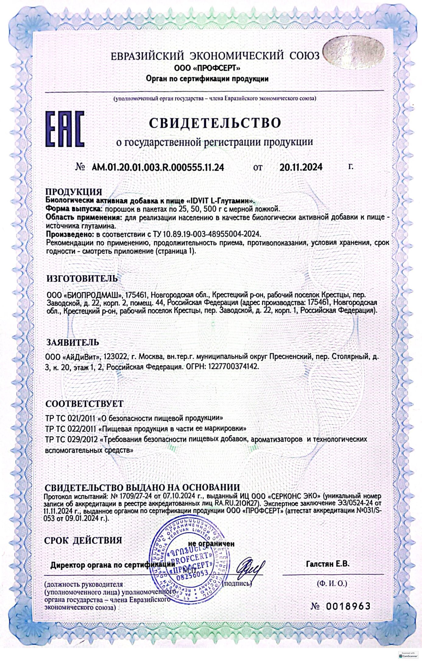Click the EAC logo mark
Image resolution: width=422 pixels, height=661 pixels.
coord(65,129)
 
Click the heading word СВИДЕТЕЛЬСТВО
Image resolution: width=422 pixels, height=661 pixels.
coord(215,123)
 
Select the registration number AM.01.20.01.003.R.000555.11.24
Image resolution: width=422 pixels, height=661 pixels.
coord(158,167)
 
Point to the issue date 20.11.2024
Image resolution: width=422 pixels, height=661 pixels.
coord(301,167)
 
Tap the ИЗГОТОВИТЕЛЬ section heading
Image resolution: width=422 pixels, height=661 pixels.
coord(82,279)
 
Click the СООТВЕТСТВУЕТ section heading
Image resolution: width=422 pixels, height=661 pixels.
coord(84,404)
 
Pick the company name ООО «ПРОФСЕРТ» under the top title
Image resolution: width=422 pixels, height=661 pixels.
coord(207,68)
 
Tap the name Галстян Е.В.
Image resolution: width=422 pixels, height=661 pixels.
coord(328,564)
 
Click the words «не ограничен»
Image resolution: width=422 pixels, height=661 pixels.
coord(211,543)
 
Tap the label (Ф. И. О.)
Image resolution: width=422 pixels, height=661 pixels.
coord(332,584)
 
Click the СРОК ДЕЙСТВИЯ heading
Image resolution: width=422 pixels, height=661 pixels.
coord(83,540)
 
